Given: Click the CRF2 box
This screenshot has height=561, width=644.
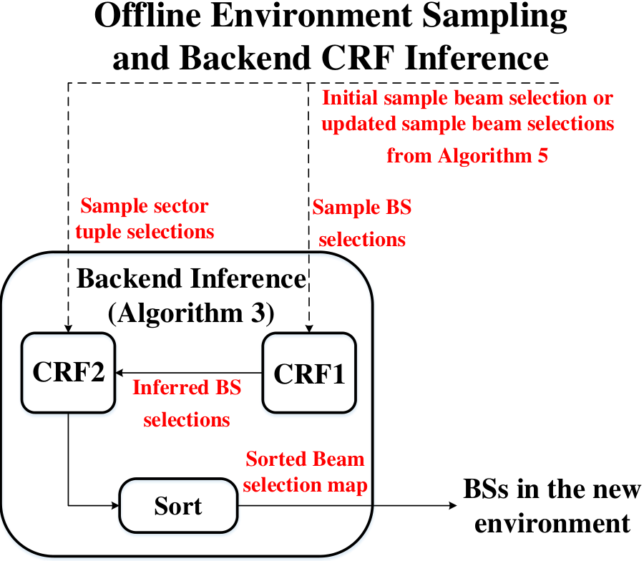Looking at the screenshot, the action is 69,373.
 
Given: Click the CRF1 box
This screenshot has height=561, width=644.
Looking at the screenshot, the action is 309,373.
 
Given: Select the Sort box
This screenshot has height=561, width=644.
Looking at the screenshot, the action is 178,505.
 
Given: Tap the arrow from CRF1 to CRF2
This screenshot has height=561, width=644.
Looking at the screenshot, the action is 189,373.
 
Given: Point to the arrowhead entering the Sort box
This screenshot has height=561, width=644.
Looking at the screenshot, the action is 115,505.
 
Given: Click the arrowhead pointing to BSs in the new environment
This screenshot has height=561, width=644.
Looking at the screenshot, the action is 453,505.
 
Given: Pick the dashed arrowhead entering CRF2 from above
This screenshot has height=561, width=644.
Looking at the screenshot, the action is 69,328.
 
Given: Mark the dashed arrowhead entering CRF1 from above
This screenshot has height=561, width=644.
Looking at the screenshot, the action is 309,328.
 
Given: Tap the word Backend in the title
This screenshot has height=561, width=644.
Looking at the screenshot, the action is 245,57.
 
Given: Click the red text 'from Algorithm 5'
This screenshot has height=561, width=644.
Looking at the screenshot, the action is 467,155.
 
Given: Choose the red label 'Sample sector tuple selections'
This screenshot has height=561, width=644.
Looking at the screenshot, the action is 145,218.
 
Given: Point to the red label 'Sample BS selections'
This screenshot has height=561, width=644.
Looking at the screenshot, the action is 362,223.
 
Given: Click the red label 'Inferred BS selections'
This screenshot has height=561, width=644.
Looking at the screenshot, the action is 187,404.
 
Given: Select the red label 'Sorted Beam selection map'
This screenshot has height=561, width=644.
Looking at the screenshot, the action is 305,472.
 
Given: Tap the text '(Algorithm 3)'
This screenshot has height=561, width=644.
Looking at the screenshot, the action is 191,313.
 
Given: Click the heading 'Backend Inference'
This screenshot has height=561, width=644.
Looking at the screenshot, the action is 191,278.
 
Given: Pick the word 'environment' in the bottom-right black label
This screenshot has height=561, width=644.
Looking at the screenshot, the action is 552,524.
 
